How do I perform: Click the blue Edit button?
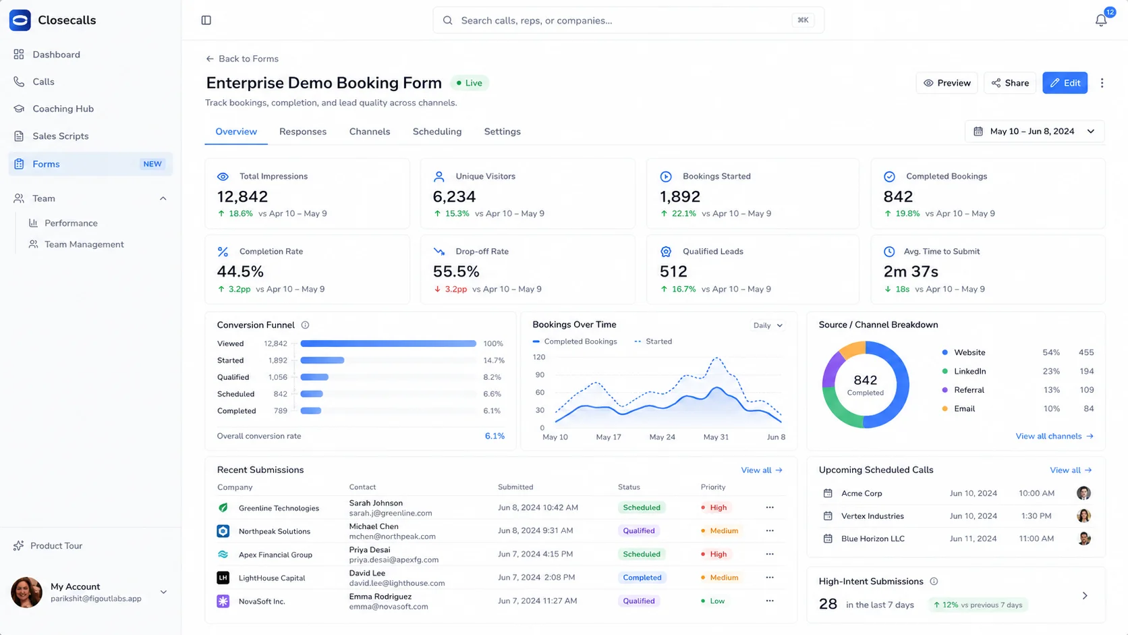click(1065, 83)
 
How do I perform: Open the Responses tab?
click(303, 132)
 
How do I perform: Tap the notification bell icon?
click(1101, 20)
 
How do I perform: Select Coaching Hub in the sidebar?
click(63, 109)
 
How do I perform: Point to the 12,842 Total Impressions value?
click(242, 196)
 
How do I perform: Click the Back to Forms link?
click(242, 59)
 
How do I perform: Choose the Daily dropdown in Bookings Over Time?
click(768, 325)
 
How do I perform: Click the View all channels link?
click(1054, 436)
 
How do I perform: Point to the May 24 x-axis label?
click(662, 437)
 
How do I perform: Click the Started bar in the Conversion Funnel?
click(322, 360)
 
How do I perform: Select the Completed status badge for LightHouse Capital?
click(642, 578)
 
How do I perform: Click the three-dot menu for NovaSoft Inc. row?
click(770, 601)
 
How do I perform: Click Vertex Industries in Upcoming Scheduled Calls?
click(872, 516)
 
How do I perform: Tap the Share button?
click(1010, 83)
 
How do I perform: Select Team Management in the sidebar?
click(84, 244)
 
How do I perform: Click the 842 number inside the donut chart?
click(865, 380)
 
